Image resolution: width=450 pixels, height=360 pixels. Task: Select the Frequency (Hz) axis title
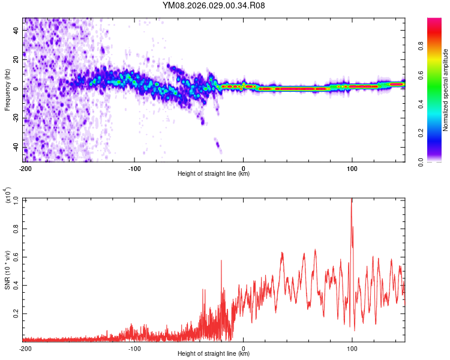[7, 90]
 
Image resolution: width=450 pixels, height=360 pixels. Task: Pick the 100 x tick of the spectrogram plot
[352, 168]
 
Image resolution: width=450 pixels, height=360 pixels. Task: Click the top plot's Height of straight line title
[214, 174]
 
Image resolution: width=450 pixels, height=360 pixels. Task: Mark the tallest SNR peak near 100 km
[352, 200]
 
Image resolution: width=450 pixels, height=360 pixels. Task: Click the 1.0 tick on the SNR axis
[15, 199]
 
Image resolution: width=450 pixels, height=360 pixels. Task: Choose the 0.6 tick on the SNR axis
[15, 256]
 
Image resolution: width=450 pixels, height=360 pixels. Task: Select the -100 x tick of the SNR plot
[134, 348]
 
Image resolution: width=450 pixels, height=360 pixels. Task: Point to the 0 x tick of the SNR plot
[243, 348]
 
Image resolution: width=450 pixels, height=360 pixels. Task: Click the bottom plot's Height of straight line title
[214, 354]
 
